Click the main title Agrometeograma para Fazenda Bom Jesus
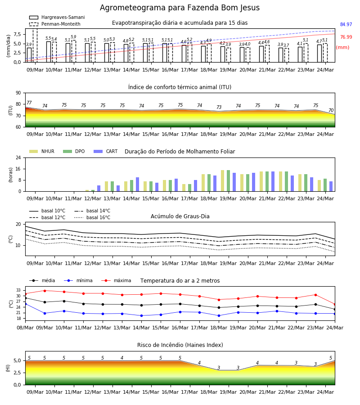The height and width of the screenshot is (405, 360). (x=180, y=8)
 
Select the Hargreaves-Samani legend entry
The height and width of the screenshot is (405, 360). (x=57, y=17)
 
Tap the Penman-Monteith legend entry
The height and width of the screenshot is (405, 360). (x=55, y=24)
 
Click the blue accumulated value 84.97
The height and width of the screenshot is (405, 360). (x=346, y=25)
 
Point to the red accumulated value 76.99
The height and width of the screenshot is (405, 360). (x=346, y=37)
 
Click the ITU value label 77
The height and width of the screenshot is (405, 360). (x=29, y=103)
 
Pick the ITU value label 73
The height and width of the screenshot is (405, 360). (x=219, y=107)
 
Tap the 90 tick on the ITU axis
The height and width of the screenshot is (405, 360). (x=18, y=93)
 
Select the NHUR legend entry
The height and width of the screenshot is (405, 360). (x=42, y=151)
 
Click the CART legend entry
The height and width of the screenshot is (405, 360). (x=106, y=151)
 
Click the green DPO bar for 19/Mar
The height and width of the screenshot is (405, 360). (x=228, y=181)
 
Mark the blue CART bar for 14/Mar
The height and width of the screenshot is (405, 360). (x=137, y=184)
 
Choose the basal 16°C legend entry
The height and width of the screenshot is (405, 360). (x=92, y=217)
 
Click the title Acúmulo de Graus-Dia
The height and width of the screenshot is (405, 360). (x=180, y=216)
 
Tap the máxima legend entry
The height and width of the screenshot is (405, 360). (x=116, y=280)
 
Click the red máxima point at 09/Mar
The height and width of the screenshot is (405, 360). (x=45, y=291)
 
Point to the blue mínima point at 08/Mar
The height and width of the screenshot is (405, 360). (x=25, y=304)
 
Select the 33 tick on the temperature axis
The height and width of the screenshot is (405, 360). (x=18, y=290)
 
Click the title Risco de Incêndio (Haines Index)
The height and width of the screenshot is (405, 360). (x=180, y=345)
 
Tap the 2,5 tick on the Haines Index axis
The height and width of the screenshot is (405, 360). (x=17, y=373)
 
